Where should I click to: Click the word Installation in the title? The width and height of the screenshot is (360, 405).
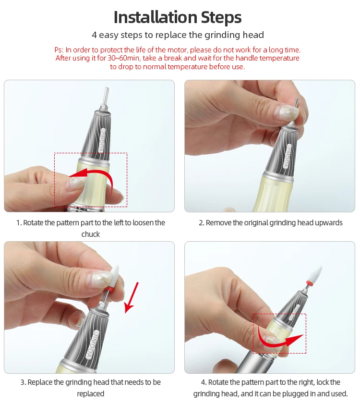[156, 17]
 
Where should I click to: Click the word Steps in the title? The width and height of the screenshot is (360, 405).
[221, 18]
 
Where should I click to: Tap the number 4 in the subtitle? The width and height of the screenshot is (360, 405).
[95, 35]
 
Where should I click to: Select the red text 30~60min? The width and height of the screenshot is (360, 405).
[123, 58]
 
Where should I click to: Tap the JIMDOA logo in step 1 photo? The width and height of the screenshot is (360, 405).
[104, 140]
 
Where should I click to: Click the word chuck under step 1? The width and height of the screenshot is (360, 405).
[91, 234]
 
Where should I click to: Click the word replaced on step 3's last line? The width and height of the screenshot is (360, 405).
[91, 394]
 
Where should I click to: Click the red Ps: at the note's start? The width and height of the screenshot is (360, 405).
[59, 50]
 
